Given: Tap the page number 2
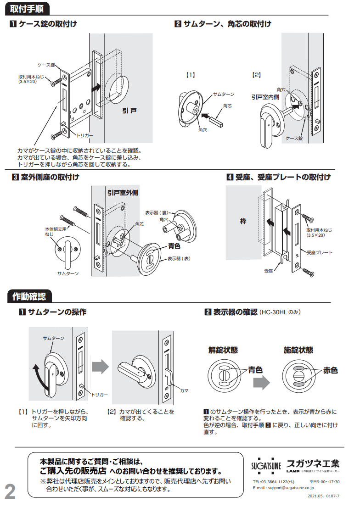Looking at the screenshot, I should pyautogui.click(x=10, y=492).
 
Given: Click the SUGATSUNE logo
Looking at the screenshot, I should pyautogui.click(x=266, y=465).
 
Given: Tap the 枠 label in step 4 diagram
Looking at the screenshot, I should pyautogui.click(x=243, y=221).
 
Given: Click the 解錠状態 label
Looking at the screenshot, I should pyautogui.click(x=223, y=350).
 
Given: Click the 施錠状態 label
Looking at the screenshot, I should pyautogui.click(x=298, y=350).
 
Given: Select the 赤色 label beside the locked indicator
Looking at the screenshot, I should pyautogui.click(x=330, y=370).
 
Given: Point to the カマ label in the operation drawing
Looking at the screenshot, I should pyautogui.click(x=184, y=390).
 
